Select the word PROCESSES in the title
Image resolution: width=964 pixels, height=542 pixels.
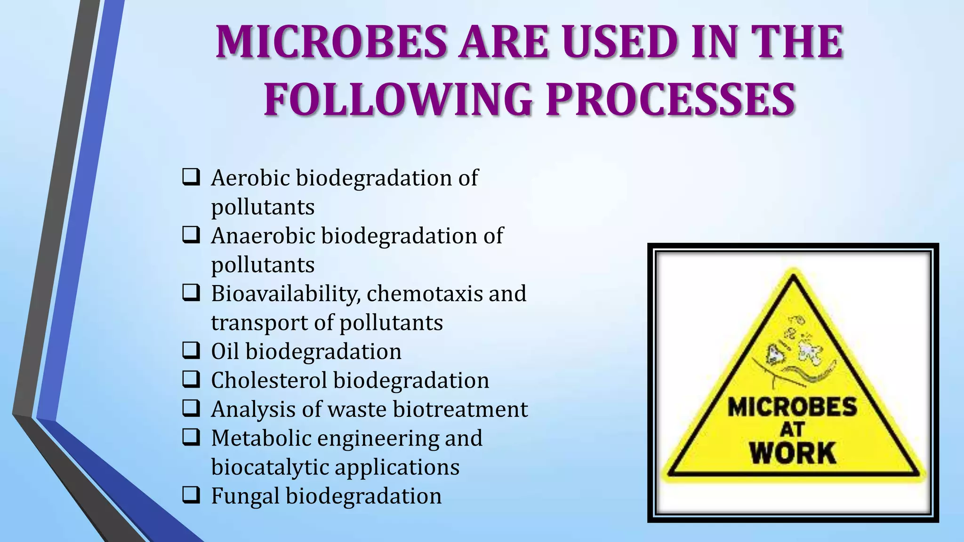click(x=670, y=100)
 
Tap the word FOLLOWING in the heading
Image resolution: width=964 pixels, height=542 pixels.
click(x=398, y=100)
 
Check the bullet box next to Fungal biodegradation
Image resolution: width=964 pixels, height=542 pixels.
click(x=191, y=495)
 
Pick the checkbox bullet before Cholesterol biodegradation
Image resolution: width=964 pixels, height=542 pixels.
click(x=191, y=379)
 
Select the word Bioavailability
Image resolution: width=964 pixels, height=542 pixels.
click(x=286, y=294)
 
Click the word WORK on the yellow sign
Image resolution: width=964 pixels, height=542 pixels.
click(x=793, y=453)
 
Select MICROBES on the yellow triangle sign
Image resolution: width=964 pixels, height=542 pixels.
click(x=793, y=407)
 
